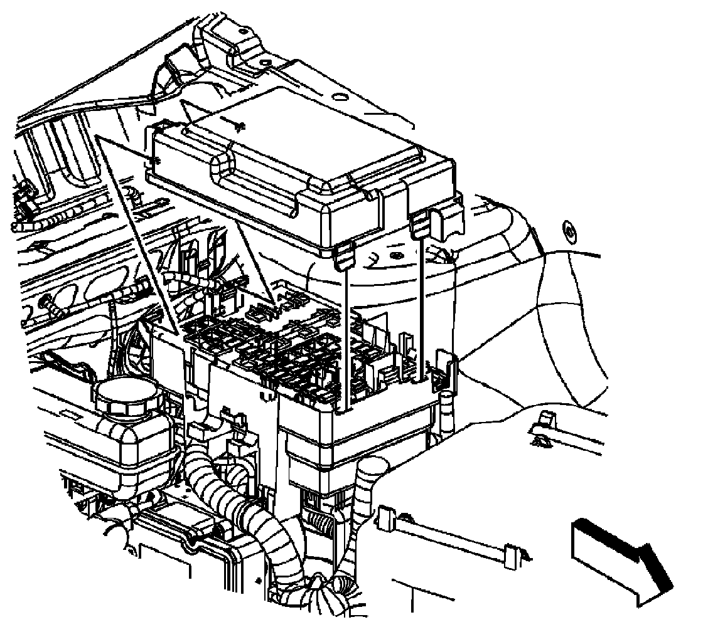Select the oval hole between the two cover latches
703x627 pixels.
pyautogui.click(x=396, y=256)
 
